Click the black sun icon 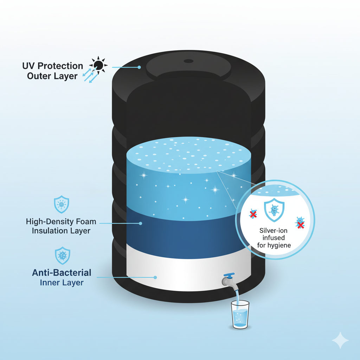tap(99, 65)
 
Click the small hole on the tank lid tap(189, 61)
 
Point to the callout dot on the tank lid tap(139, 67)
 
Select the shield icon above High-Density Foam tap(61, 205)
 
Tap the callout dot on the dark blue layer tap(140, 223)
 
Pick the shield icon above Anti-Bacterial tap(63, 256)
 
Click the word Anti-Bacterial tap(62, 272)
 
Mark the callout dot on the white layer tap(155, 277)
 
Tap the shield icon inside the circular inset tap(274, 211)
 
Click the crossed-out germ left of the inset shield tap(253, 214)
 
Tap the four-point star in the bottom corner tap(340, 340)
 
